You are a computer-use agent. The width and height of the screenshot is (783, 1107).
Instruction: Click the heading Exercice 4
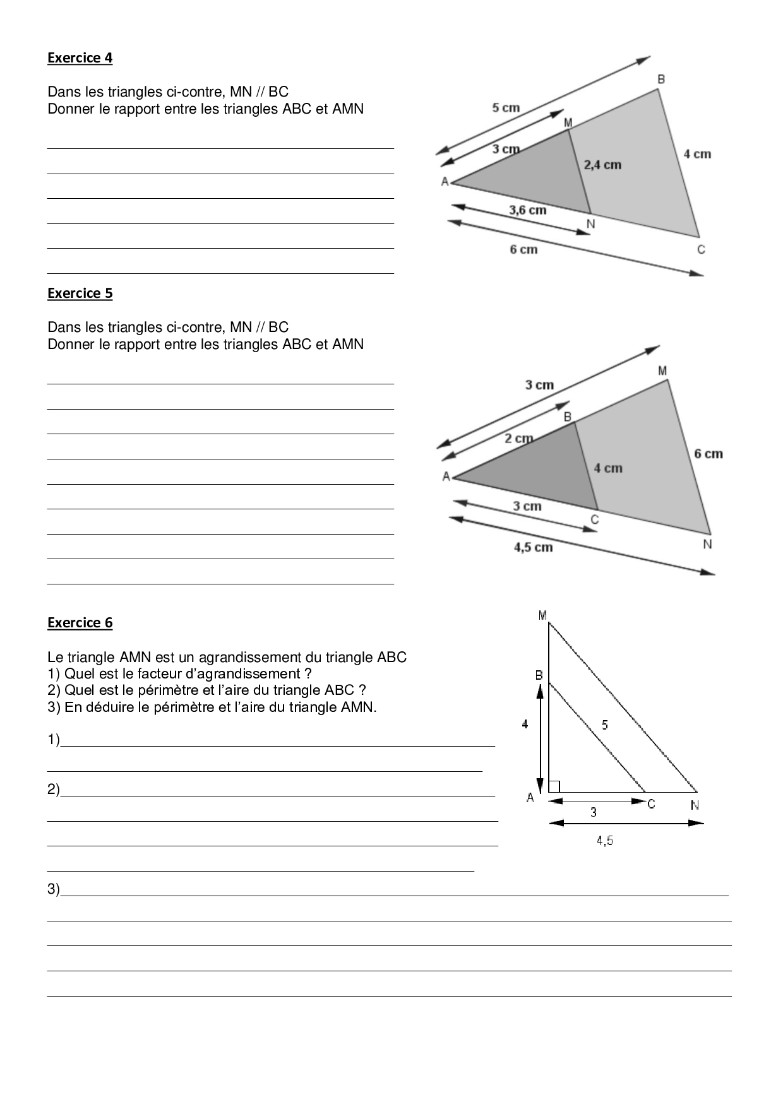(x=80, y=58)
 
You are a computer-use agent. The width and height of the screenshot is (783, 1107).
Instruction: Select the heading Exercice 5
(x=80, y=293)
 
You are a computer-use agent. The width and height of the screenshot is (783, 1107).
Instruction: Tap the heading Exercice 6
(x=80, y=623)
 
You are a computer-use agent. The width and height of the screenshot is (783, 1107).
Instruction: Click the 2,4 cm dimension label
(x=602, y=165)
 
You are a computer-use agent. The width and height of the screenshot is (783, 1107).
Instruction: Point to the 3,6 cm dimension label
(x=527, y=210)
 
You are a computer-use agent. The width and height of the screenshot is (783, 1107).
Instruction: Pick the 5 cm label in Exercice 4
(x=506, y=108)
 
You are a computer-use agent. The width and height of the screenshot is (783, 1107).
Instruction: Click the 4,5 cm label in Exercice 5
(x=533, y=547)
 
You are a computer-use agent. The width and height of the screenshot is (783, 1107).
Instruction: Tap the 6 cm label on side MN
(x=708, y=454)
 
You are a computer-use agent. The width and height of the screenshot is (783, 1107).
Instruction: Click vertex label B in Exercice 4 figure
(x=661, y=80)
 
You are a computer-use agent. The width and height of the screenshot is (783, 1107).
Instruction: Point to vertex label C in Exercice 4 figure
(x=701, y=250)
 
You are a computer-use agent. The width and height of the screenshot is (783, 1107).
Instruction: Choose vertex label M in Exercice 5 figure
(x=662, y=371)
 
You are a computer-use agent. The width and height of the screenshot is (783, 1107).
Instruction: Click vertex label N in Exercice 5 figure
(x=707, y=544)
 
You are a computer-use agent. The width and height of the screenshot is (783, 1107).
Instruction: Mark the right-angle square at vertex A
(x=554, y=786)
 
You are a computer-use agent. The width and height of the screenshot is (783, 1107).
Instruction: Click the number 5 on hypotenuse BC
(x=605, y=725)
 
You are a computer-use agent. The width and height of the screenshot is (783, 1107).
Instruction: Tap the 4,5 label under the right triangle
(x=604, y=841)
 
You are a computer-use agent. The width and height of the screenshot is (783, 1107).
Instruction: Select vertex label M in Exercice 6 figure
(x=542, y=615)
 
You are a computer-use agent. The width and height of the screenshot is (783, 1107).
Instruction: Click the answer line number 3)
(x=54, y=889)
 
